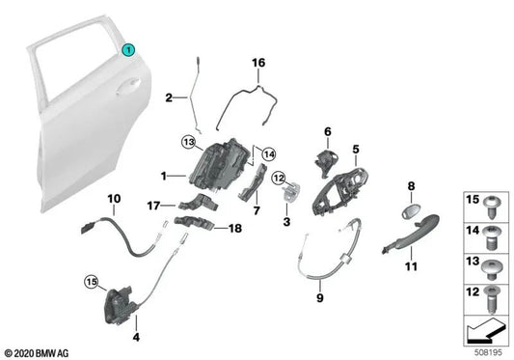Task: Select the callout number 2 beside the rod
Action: (168, 97)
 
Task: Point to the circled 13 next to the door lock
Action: (188, 142)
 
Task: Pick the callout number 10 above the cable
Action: (113, 200)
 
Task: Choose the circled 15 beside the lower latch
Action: (91, 283)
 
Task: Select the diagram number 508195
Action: (484, 352)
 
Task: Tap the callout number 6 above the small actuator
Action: (327, 131)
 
